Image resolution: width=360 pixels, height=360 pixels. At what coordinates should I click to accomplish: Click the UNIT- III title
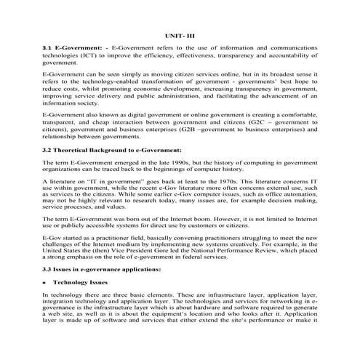tap(179, 33)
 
